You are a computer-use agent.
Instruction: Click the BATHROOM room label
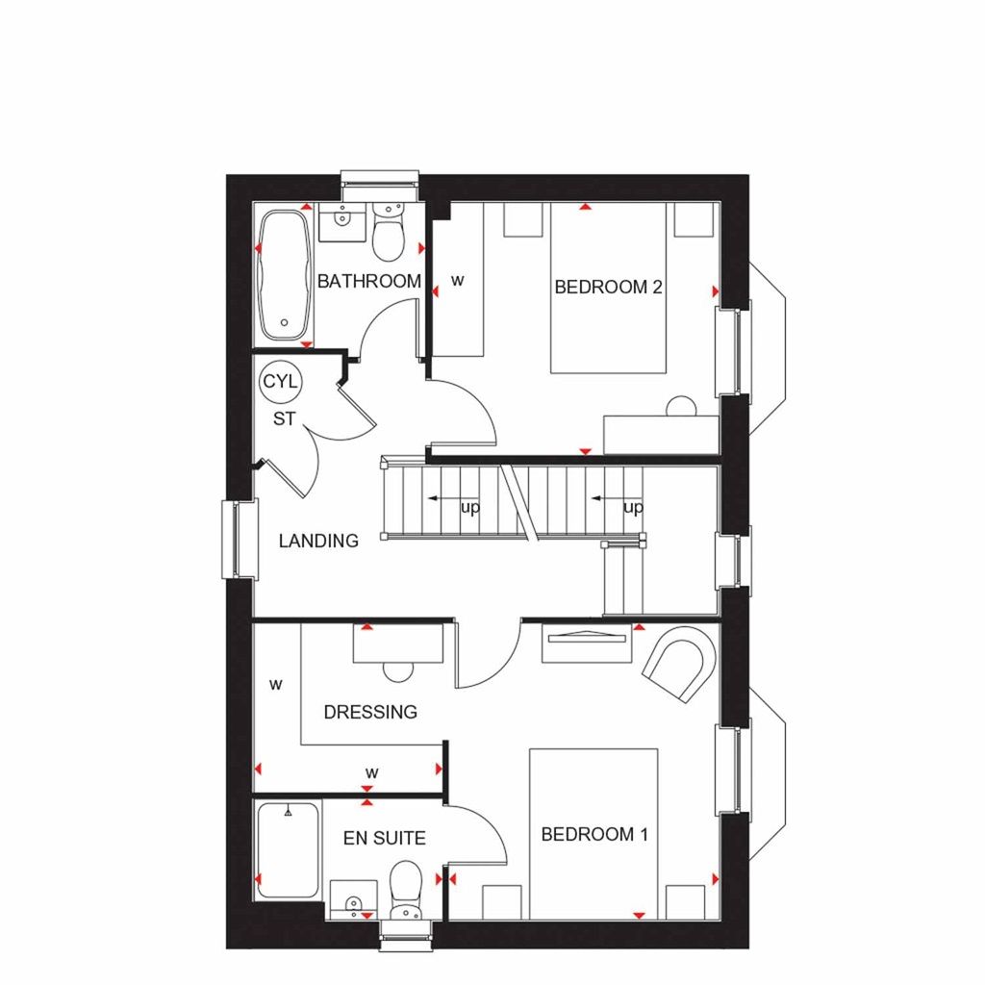369,282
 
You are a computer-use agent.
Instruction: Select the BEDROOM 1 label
594,834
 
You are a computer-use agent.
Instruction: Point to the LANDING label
318,541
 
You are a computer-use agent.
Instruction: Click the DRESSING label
370,713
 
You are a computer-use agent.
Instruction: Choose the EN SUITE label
384,839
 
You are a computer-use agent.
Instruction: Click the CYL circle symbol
281,382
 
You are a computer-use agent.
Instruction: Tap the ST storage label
283,419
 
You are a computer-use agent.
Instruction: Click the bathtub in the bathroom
284,275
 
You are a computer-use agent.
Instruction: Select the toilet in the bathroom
390,235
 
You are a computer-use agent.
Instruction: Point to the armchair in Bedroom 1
681,663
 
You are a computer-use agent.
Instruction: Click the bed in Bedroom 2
608,289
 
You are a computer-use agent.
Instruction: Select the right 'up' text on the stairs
633,507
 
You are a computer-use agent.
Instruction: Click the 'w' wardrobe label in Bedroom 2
458,282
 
